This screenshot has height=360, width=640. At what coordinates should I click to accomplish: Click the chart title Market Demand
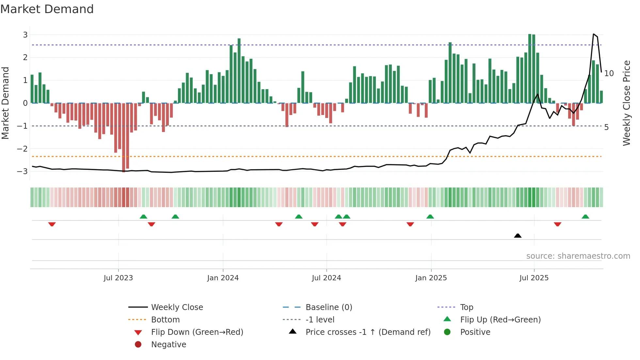tap(47, 9)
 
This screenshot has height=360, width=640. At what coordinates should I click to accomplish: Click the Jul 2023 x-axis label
tap(118, 278)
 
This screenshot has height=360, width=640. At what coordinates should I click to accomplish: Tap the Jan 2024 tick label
tap(223, 278)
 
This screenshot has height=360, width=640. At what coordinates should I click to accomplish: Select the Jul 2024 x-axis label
tap(327, 278)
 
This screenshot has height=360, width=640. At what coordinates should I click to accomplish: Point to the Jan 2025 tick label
tap(431, 278)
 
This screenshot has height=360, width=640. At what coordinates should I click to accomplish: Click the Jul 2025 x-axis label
tap(534, 278)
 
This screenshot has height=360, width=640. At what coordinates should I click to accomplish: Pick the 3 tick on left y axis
tap(25, 35)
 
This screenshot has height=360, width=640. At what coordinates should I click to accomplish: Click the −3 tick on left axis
tap(23, 171)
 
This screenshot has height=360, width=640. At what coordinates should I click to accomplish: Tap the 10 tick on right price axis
tap(609, 74)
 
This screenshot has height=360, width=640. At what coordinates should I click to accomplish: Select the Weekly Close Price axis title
tap(626, 103)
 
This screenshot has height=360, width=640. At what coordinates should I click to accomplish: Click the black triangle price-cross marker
tap(518, 236)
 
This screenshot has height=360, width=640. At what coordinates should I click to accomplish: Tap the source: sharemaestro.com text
tap(578, 256)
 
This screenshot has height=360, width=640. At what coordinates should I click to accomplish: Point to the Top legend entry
tap(467, 307)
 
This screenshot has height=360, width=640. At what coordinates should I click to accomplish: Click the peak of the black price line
tap(594, 34)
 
